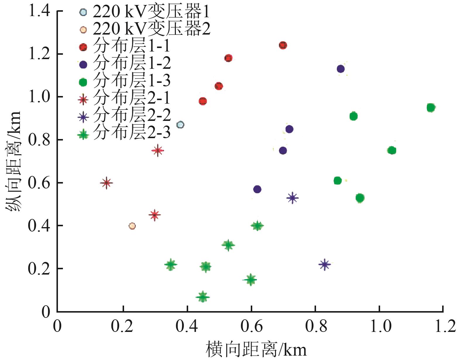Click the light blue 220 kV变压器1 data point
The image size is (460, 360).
click(181, 125)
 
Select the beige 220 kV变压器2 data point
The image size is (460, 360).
click(132, 226)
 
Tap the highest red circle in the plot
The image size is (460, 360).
click(283, 45)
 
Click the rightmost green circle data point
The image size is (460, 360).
click(430, 108)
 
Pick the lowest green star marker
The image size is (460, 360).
click(202, 297)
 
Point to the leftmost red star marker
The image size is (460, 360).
click(107, 183)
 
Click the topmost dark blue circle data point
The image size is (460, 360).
click(341, 69)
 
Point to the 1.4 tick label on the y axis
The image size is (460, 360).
click(39, 12)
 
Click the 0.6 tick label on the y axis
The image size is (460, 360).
click(39, 183)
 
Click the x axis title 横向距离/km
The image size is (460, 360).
click(256, 350)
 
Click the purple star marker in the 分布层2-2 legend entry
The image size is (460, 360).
click(83, 117)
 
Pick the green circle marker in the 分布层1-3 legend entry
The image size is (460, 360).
click(83, 83)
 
